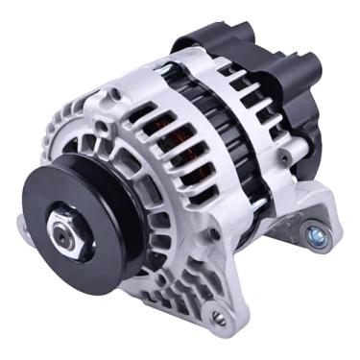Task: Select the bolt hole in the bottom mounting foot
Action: pyautogui.click(x=219, y=317)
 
